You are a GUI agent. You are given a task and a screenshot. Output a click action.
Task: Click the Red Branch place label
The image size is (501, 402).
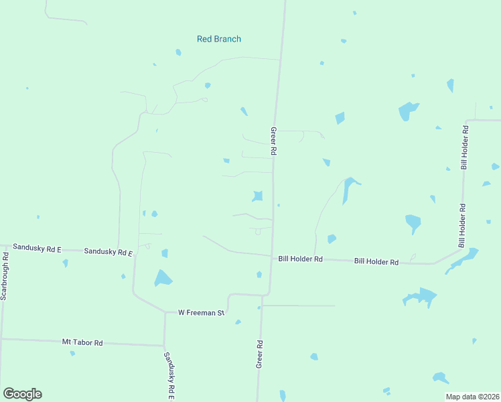[x=218, y=39]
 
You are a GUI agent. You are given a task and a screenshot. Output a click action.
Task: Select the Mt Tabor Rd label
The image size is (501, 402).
[x=82, y=342]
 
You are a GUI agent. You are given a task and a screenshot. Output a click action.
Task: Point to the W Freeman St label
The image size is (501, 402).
[x=201, y=312]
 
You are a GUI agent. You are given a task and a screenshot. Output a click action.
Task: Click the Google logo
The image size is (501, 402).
[x=22, y=394]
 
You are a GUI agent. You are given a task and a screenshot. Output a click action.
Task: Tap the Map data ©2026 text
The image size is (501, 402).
[x=473, y=397]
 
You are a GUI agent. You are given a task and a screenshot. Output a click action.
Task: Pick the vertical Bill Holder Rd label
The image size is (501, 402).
[x=463, y=146]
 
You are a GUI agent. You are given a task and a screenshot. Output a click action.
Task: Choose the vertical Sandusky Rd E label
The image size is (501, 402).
[x=169, y=376]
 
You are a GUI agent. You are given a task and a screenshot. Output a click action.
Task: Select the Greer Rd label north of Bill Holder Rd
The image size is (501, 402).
[x=273, y=142]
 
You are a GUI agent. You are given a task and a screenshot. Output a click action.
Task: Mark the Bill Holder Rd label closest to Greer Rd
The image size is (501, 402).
[x=300, y=259]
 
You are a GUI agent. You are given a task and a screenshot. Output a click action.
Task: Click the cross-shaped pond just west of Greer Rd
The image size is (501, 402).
[x=257, y=196]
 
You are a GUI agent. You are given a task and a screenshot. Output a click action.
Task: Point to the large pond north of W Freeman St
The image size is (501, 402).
[x=163, y=277]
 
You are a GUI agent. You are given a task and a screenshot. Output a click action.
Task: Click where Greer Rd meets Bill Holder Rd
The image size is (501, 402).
[x=271, y=255]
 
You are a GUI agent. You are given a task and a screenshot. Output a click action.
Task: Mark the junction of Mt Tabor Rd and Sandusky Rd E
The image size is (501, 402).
[x=165, y=346]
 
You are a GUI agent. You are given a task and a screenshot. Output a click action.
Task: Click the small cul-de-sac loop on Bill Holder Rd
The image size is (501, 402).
[x=413, y=257]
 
